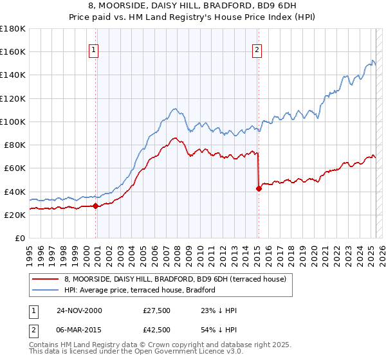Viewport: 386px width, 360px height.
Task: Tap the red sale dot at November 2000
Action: coord(96,206)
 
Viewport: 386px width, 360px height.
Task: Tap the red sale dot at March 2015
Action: coord(259,188)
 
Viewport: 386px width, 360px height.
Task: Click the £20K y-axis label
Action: coord(14,215)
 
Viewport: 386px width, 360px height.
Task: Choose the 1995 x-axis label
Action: coord(29,252)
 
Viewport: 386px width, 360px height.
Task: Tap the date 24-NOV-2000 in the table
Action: coord(79,310)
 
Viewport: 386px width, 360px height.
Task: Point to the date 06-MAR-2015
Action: coord(79,330)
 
